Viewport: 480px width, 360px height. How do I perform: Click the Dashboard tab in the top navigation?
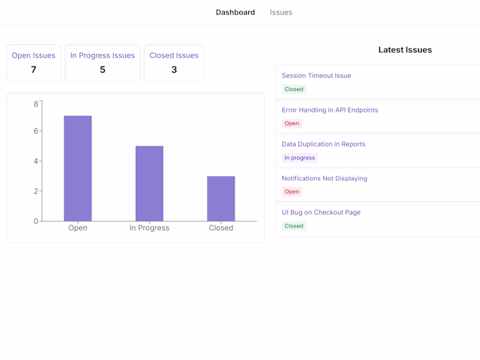coord(235,12)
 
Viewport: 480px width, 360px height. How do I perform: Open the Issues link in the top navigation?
coord(281,12)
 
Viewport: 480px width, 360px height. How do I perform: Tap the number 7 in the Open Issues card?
coord(34,69)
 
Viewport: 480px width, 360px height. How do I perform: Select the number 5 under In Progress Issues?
coord(103,69)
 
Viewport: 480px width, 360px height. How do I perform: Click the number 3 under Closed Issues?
coord(174,69)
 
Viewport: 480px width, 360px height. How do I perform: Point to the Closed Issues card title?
coord(174,56)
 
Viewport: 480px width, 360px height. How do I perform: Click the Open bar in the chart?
coord(77,168)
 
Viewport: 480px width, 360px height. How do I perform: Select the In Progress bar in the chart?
coord(149,183)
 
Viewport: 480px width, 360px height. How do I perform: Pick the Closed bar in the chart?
coord(221,198)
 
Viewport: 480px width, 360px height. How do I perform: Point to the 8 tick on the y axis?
coord(36,104)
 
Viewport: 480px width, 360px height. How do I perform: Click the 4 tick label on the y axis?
coord(36,161)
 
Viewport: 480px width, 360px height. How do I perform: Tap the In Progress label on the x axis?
coord(149,228)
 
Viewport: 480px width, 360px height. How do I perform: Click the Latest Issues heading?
coord(405,50)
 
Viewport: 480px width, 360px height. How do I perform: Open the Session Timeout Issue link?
coord(316,75)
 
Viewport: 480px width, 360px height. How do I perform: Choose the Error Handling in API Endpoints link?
coord(330,110)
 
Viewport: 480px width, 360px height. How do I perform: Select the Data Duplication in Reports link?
coord(324,144)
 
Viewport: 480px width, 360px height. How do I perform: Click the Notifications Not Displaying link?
coord(324,178)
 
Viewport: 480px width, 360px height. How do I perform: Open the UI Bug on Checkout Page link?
coord(321,213)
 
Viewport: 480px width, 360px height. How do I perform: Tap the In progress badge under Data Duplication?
coord(300,158)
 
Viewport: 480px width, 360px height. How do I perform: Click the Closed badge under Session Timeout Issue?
coord(293,89)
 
